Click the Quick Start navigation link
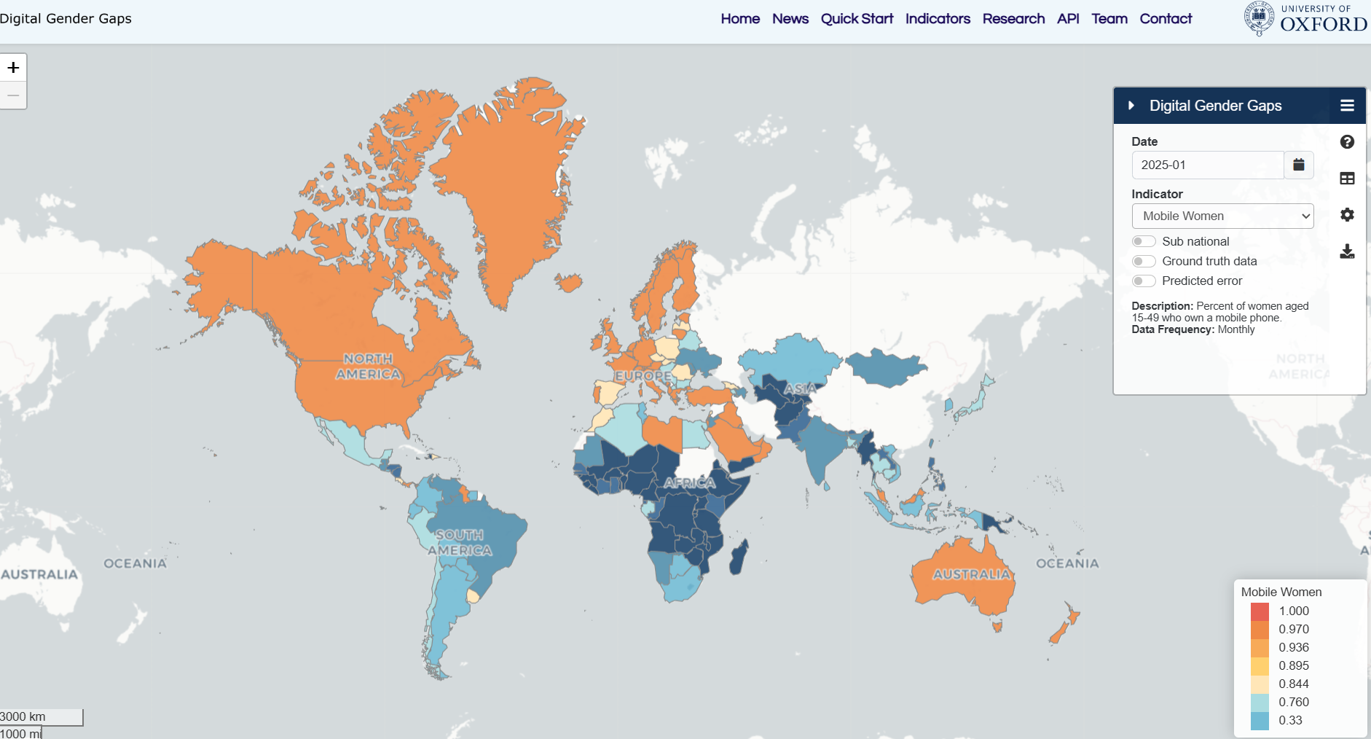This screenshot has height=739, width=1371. (x=857, y=19)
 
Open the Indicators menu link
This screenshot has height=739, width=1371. (x=938, y=19)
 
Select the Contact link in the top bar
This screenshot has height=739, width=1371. (x=1166, y=19)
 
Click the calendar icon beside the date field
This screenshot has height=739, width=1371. (x=1299, y=165)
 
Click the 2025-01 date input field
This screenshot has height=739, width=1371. (x=1207, y=165)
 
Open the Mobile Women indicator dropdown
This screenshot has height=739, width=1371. (x=1222, y=216)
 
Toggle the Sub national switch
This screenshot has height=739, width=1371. (x=1144, y=241)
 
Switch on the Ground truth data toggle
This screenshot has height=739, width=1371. (x=1144, y=261)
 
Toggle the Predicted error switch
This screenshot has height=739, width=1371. (x=1144, y=281)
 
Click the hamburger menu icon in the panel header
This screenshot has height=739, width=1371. (x=1347, y=106)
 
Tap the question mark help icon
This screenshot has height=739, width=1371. (x=1347, y=142)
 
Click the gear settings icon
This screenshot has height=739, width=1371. (x=1347, y=215)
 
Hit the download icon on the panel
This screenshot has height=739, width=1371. (x=1347, y=251)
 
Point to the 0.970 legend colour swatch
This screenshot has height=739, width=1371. (x=1260, y=629)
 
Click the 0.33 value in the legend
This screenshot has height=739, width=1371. (x=1290, y=720)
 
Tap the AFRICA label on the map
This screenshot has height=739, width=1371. (x=689, y=482)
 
